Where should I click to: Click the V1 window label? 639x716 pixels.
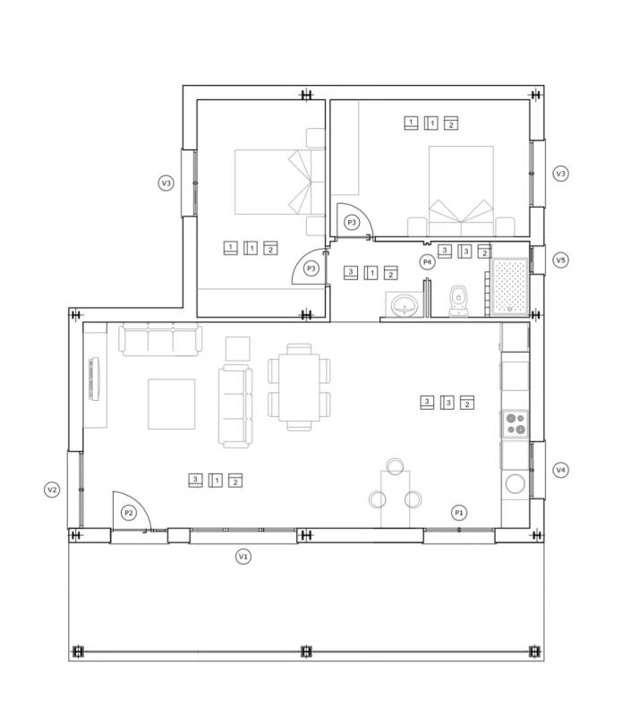pos(243,557)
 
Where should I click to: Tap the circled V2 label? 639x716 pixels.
pos(53,490)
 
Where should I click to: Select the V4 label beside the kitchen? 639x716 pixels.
pos(560,470)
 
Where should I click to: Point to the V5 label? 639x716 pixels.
pos(560,260)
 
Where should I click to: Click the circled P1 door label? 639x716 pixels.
pos(459,513)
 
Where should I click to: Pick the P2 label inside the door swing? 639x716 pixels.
pos(129,513)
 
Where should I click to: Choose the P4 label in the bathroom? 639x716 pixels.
pos(427,262)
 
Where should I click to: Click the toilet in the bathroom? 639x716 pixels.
pos(458,301)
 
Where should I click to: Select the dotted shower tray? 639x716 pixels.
pos(510,286)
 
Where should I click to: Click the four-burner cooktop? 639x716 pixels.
pos(515,423)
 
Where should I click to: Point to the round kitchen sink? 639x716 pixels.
pos(515,483)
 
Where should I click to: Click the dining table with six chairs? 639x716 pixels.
pos(299,388)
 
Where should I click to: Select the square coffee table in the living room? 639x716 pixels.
pos(171,405)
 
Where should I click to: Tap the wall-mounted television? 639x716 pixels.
pos(95,379)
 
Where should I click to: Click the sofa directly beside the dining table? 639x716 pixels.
pos(235,405)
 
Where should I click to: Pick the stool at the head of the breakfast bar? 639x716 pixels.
pos(395,466)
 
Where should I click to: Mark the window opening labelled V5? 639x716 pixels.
pos(538,260)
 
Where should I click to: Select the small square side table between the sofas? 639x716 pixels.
pos(238,349)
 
